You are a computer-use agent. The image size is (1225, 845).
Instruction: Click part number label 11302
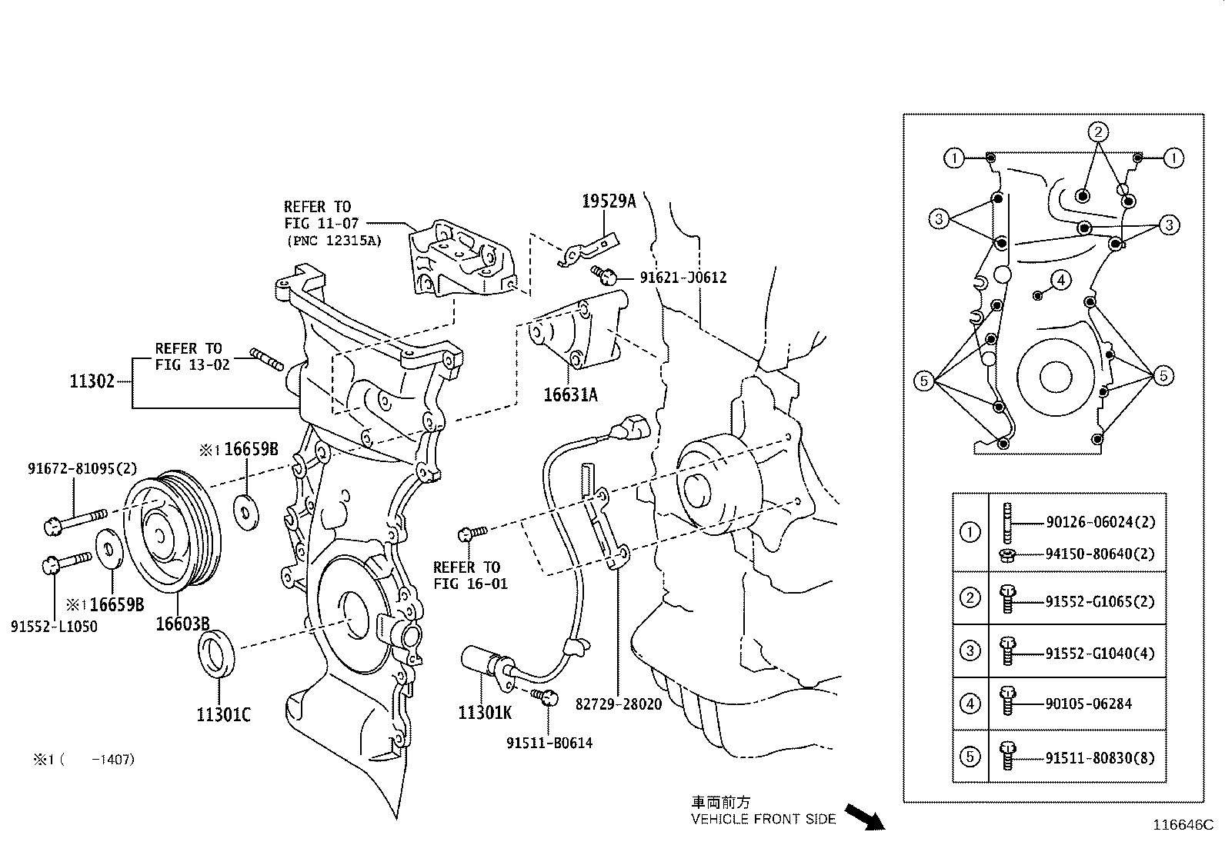tap(92, 381)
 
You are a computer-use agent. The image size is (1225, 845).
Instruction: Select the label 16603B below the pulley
tap(182, 624)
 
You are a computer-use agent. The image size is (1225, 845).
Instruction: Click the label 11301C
tap(223, 715)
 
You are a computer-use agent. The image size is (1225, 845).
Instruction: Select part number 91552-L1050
tap(54, 627)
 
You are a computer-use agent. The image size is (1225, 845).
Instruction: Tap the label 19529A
tap(609, 201)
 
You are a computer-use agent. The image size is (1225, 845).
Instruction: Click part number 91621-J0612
tap(683, 278)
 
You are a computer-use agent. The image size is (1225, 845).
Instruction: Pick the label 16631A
tap(570, 395)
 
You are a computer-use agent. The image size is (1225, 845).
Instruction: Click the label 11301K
tap(484, 713)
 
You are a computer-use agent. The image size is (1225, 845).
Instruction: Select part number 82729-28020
tap(618, 704)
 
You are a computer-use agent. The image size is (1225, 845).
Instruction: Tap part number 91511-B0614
tap(549, 743)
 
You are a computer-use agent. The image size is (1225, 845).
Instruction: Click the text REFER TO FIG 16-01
tap(470, 575)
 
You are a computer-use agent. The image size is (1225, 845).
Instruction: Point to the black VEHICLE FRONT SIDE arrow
tap(865, 817)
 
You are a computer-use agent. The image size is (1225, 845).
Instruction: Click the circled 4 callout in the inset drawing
tap(1060, 281)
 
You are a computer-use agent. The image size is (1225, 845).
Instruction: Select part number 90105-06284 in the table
tap(1088, 704)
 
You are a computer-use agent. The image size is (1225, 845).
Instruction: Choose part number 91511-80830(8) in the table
tap(1100, 757)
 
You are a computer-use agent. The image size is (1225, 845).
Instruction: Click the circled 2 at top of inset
tap(1098, 131)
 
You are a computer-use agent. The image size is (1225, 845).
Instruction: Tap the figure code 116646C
tap(1182, 826)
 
